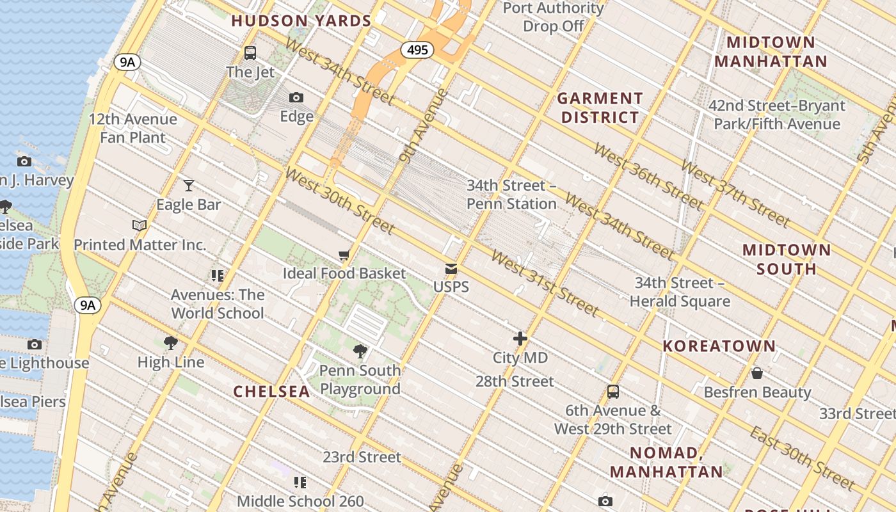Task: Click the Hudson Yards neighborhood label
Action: [301, 21]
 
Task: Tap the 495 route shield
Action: [417, 50]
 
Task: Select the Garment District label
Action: [600, 108]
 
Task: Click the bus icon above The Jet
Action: [250, 53]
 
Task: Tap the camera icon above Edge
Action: [296, 97]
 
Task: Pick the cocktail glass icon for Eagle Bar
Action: [188, 186]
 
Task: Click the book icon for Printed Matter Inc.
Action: [140, 225]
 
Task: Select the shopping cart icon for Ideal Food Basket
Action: [344, 255]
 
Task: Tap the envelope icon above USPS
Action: [451, 269]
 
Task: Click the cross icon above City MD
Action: [520, 339]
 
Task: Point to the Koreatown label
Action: [719, 346]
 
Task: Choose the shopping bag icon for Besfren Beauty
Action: [757, 373]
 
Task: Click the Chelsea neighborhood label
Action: [271, 391]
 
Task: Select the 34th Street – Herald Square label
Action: [680, 292]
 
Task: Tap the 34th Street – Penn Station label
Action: [511, 195]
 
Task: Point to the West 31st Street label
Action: [545, 284]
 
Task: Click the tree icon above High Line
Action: [170, 343]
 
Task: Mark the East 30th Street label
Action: [802, 457]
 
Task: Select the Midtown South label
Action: [787, 259]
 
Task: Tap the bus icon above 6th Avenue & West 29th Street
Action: [613, 392]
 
